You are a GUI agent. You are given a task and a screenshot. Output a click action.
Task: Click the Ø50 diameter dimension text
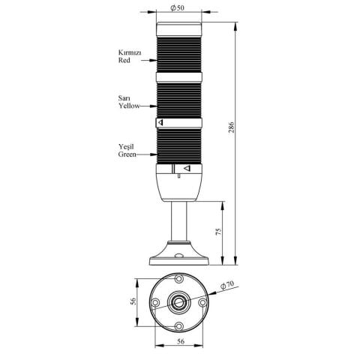[x=178, y=8]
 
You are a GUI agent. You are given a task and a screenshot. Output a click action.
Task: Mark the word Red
[x=124, y=61]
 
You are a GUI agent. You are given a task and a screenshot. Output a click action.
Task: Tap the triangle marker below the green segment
[x=186, y=169]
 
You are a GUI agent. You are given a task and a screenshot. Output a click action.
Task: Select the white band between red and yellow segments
[x=179, y=76]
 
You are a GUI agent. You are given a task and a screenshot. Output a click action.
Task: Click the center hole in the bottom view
[x=180, y=303]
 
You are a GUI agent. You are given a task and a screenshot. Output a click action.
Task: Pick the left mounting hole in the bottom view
[x=154, y=303]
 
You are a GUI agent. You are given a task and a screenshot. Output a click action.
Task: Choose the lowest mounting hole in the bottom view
[x=180, y=325]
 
